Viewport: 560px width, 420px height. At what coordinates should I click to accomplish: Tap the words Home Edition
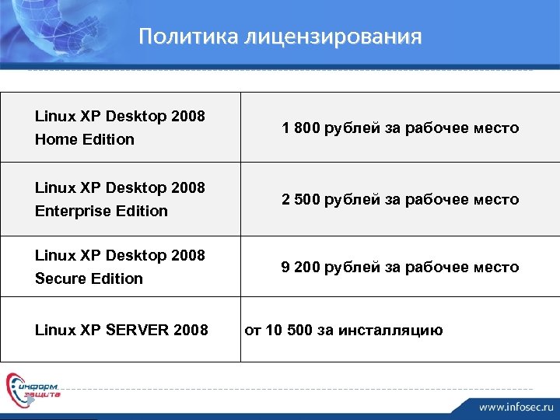(85, 139)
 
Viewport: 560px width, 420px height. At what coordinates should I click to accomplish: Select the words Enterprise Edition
(101, 211)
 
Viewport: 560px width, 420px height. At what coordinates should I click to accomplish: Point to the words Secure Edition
(89, 278)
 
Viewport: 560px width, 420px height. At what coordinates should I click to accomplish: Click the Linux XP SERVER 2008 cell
(121, 330)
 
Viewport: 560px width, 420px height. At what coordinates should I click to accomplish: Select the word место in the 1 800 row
(495, 128)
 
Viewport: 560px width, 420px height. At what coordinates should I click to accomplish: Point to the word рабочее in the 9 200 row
(438, 267)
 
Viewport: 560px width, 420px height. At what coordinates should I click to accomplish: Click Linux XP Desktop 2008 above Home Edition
(120, 117)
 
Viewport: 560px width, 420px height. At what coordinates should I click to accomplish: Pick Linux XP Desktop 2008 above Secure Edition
(120, 255)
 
